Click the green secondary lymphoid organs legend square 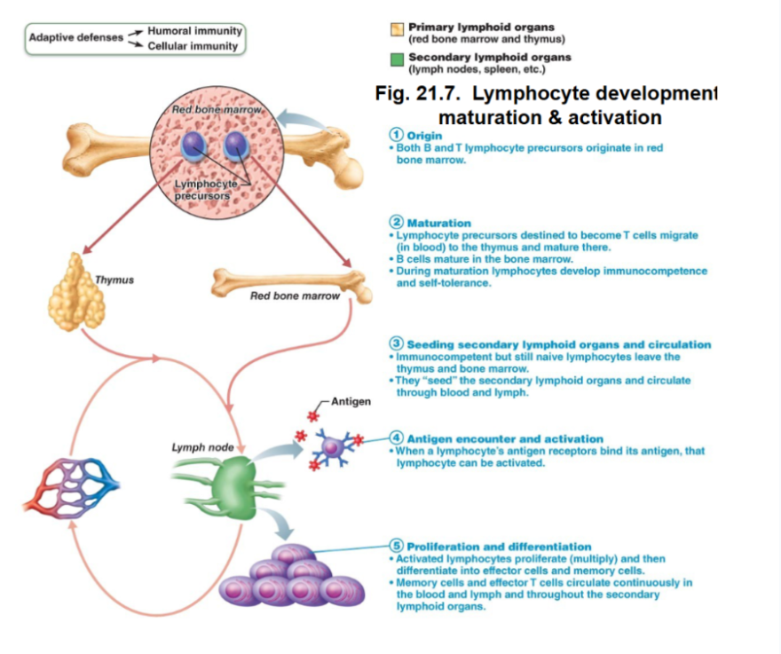397,60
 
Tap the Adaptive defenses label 75,38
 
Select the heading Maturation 438,222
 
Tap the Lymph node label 202,447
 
